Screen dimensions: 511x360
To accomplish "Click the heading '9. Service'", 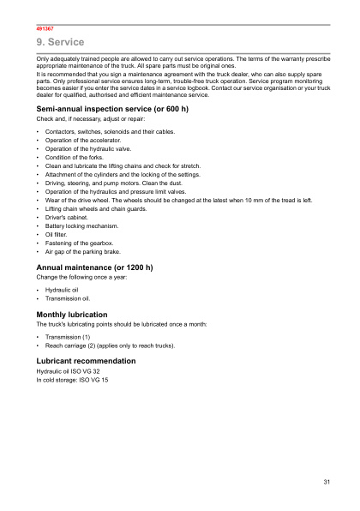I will tap(60, 42).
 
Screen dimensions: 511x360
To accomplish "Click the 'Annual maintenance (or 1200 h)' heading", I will tap(94, 268).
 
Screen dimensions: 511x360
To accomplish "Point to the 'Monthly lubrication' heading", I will tap(72, 315).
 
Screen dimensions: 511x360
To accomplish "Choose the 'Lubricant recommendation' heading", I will tap(86, 361).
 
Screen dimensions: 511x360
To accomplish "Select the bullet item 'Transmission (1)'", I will tap(68, 338).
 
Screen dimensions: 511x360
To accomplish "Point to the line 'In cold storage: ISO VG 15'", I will tap(72, 380).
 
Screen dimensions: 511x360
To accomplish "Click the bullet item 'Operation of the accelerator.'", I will tap(83, 139).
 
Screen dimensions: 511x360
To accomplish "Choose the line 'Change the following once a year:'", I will tap(80, 278).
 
